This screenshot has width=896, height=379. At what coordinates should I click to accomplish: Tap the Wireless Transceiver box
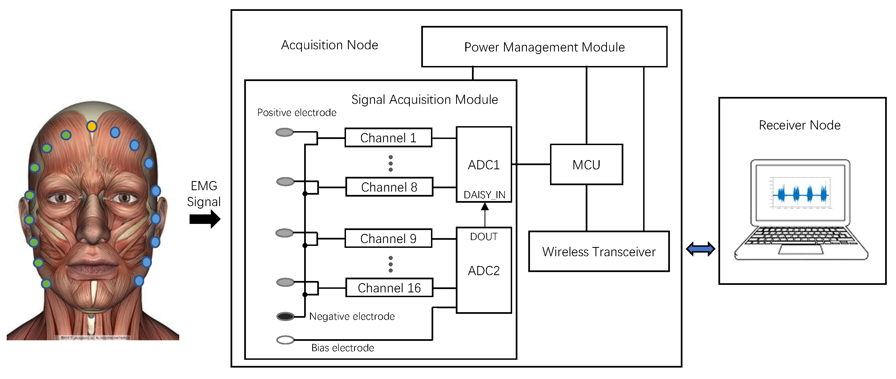599,251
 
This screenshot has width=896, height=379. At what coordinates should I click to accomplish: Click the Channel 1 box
388,138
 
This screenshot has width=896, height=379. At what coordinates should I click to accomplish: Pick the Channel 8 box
389,187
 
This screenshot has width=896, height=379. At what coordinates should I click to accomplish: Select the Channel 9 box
388,238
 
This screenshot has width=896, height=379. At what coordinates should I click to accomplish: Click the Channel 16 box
389,288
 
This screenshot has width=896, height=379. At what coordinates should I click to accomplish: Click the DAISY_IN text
484,195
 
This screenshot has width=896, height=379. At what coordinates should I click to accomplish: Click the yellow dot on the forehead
92,126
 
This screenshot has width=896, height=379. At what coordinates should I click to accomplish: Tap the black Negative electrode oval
285,316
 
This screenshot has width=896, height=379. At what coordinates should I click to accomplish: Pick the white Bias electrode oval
285,340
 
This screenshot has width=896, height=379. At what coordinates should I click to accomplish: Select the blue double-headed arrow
700,249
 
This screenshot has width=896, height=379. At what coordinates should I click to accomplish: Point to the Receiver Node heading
799,125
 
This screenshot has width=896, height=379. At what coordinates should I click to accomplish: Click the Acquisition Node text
330,45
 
